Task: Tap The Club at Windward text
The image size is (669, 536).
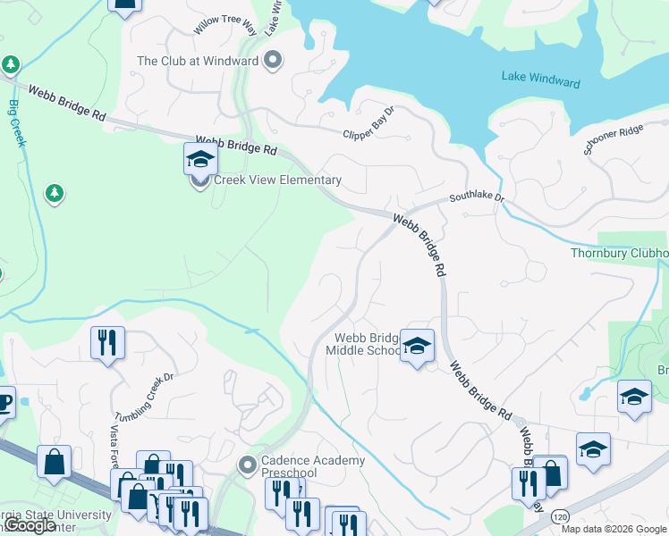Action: (x=197, y=62)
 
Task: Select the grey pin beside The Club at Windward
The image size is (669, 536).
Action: (x=275, y=62)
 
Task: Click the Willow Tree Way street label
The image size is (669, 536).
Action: (x=225, y=25)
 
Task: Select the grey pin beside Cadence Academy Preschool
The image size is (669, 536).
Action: (x=249, y=465)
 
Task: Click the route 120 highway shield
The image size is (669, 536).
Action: (x=561, y=517)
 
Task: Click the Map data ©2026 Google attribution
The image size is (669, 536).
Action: (x=613, y=529)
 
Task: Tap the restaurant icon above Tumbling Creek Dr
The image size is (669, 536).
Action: (x=107, y=343)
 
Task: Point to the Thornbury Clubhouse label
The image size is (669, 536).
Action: (x=620, y=253)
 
